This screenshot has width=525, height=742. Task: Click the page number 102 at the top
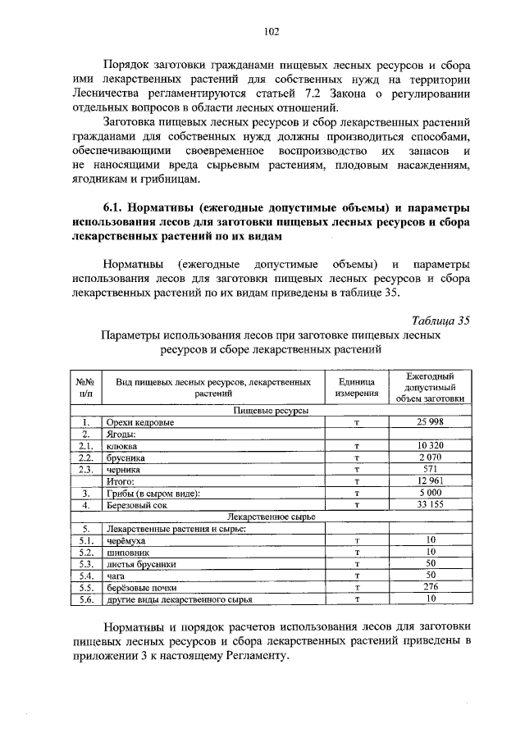coord(272,32)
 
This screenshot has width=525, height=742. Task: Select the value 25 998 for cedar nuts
coord(431,422)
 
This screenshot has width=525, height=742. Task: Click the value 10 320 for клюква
coord(431,446)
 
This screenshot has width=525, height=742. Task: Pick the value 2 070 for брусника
coord(431,457)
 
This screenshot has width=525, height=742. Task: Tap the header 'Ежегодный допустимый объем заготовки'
coord(431,387)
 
